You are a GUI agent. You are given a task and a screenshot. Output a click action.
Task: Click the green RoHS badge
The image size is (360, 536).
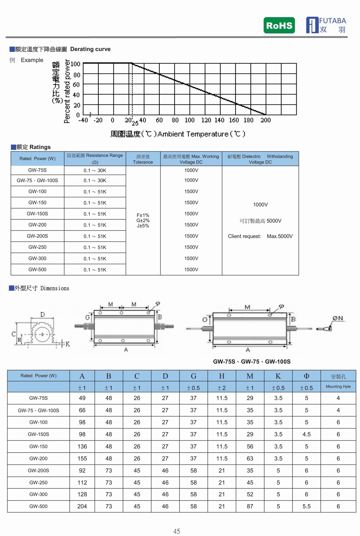(279, 26)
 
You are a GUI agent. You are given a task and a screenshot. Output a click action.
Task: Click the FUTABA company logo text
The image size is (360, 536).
(332, 21)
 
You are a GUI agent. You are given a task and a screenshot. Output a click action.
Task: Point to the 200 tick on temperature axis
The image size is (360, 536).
(265, 120)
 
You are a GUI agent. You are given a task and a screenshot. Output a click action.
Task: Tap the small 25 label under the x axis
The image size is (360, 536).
(135, 123)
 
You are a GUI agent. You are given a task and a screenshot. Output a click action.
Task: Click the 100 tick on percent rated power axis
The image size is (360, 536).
(76, 64)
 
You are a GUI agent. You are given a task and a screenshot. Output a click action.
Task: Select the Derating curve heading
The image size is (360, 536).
(90, 49)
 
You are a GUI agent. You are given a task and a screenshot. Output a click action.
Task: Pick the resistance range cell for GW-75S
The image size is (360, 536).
(95, 170)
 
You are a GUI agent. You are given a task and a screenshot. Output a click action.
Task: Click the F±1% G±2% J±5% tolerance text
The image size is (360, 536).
(143, 221)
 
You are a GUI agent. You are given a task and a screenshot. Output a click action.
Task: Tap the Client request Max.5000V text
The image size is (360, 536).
(260, 236)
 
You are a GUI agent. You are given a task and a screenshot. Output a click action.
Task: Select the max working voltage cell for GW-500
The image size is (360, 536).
(191, 270)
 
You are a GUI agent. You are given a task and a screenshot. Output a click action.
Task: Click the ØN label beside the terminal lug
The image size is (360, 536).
(337, 318)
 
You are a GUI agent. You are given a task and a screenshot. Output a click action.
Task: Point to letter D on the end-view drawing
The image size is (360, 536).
(43, 315)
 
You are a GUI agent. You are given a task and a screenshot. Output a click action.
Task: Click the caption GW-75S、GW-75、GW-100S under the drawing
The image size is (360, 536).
(252, 362)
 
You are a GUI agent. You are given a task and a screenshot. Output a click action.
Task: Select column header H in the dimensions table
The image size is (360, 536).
(222, 376)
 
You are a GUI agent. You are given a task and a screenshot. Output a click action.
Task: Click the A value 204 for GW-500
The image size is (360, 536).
(82, 506)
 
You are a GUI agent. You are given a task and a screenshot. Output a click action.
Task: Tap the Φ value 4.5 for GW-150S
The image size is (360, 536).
(306, 434)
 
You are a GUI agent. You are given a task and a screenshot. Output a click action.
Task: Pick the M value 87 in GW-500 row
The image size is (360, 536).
(250, 506)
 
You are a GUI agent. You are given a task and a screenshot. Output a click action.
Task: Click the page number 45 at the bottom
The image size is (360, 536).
(177, 531)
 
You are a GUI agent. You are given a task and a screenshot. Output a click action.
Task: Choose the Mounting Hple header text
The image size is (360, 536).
(338, 387)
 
